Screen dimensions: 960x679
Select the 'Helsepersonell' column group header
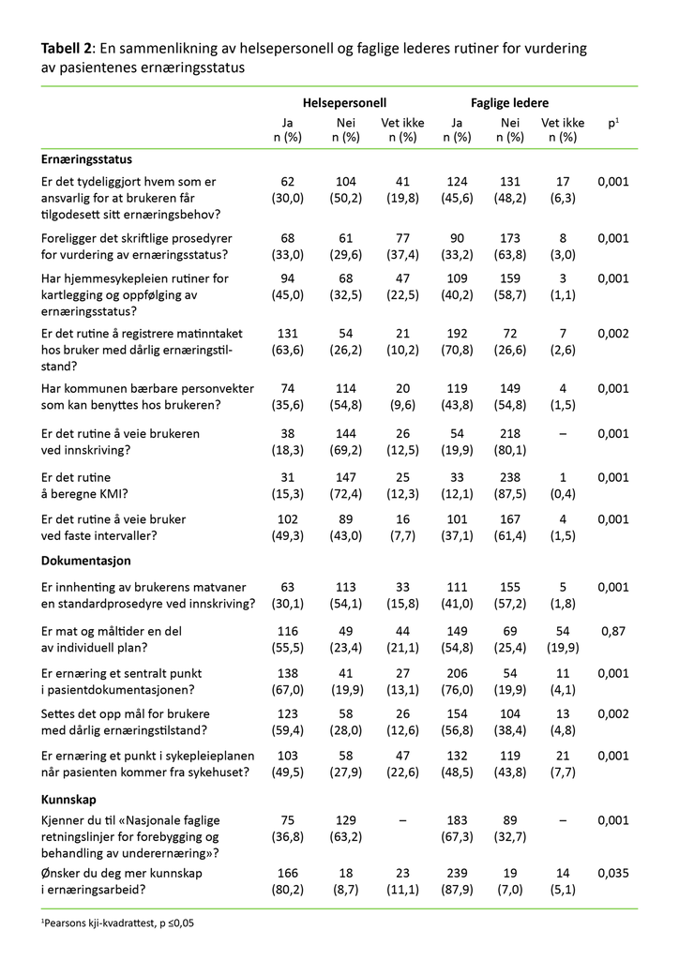(x=344, y=103)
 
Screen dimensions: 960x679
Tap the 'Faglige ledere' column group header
(x=509, y=103)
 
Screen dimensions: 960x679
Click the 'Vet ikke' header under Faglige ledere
(x=563, y=123)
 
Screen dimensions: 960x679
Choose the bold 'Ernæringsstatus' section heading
(x=86, y=160)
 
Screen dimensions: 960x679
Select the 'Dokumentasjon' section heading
(x=85, y=561)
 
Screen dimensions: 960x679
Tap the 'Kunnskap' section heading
(x=71, y=801)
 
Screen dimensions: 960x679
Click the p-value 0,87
(x=613, y=632)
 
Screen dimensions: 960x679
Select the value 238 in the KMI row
(x=510, y=477)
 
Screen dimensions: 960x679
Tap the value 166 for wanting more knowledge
(x=289, y=872)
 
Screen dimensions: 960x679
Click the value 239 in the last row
(x=457, y=872)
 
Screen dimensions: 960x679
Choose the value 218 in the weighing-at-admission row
(x=510, y=434)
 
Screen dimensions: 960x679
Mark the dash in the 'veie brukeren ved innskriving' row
(x=563, y=434)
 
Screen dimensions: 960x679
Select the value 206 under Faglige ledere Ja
(x=457, y=673)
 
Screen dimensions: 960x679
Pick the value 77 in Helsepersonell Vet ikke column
(x=402, y=238)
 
